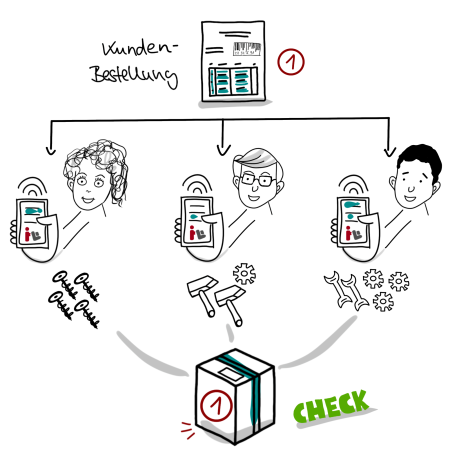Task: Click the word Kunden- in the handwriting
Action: coord(140,48)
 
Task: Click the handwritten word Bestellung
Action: coord(134,76)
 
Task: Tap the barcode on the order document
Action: coord(247,49)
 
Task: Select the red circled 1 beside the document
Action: coord(291,62)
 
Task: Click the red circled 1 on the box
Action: coord(216,405)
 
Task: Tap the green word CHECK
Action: coord(331,406)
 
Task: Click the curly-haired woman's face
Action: coord(89,187)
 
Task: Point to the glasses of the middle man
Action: coord(258,180)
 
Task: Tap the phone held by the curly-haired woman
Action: coord(32,223)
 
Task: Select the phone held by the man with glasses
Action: coord(197,221)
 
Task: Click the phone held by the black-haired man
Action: coord(353,222)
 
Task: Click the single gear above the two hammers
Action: coord(244,274)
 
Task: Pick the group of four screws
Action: coord(74,299)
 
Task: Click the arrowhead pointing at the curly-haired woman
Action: coord(51,149)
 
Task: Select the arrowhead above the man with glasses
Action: coord(223,150)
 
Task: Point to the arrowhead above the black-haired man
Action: coord(389,151)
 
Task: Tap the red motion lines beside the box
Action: coord(188,430)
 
